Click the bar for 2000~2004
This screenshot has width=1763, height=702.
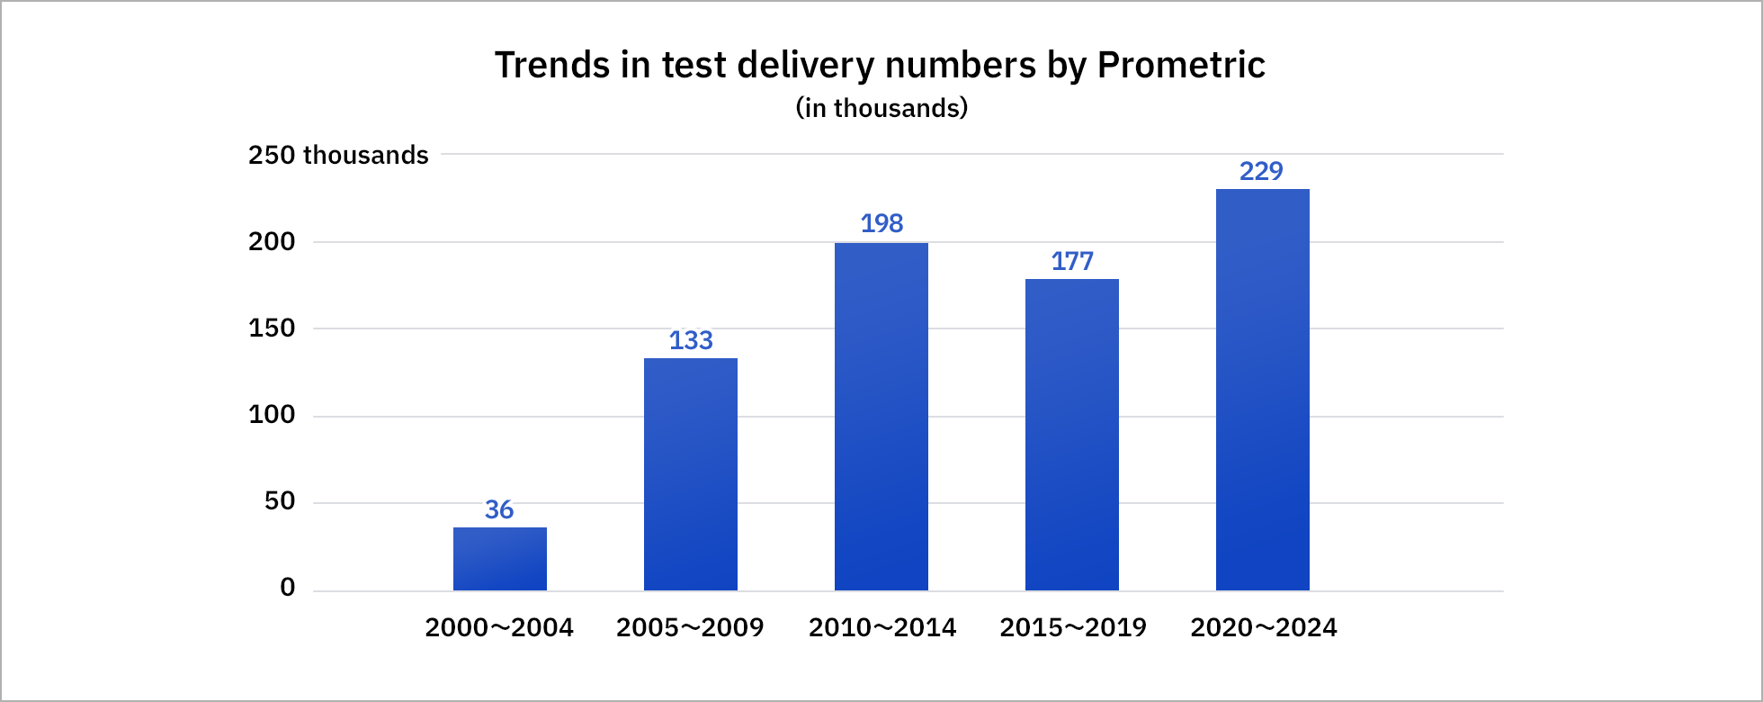499,559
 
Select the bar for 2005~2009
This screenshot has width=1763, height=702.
690,474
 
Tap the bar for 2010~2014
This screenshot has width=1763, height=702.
881,417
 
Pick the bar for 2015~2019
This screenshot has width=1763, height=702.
1071,435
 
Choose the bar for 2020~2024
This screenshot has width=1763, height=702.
1262,390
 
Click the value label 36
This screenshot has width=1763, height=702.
499,509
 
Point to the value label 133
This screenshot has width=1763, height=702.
690,340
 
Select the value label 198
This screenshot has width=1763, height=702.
881,223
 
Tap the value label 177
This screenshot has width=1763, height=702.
1071,261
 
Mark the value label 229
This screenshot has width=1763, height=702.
1261,171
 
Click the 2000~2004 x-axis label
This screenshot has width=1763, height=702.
499,627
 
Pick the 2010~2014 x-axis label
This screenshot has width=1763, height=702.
881,627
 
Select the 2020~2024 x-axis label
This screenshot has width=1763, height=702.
1263,627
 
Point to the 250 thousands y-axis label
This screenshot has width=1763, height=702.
338,155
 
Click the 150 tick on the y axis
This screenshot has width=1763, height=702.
272,328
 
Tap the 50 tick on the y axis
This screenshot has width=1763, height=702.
280,501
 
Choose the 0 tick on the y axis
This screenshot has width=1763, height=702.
288,588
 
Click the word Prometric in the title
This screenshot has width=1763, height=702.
1181,65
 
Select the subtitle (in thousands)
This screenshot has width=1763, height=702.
881,108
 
